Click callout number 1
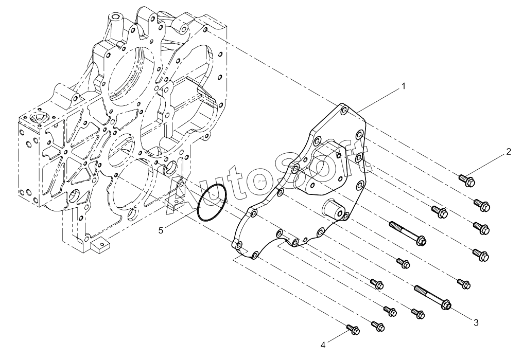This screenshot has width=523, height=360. point(404,86)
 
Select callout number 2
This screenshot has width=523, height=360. point(508,152)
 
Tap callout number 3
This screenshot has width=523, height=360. point(476,322)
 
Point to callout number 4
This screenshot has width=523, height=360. point(323,345)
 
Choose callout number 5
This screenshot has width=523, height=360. point(161,230)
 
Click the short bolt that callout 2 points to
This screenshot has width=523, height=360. point(467,181)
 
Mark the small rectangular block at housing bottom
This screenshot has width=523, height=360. point(100,246)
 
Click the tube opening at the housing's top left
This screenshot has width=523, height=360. point(116,16)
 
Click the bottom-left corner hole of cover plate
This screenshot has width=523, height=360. point(238,246)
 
